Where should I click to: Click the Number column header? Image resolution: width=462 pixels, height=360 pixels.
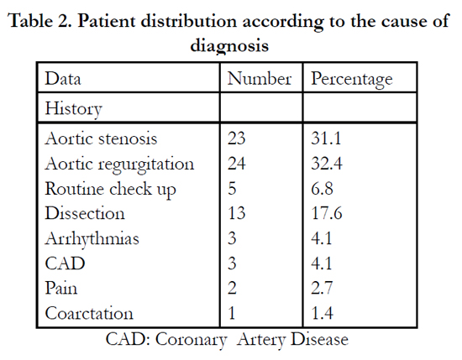(260, 79)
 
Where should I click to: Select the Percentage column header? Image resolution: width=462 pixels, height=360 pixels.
(352, 80)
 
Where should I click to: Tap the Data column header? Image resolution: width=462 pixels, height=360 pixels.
(63, 79)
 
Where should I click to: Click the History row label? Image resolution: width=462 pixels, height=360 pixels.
(73, 109)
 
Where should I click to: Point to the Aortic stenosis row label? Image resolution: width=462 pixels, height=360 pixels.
(101, 138)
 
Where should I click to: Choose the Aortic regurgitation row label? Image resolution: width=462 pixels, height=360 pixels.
(119, 164)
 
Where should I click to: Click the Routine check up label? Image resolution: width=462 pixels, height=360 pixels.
(111, 190)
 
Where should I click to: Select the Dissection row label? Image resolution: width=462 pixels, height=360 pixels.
(85, 213)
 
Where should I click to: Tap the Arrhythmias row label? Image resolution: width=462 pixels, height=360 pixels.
(92, 238)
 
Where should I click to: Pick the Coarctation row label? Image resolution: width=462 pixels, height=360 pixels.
(89, 313)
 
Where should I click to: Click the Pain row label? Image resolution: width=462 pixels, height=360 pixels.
(61, 288)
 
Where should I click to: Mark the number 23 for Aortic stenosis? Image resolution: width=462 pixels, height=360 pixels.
(236, 138)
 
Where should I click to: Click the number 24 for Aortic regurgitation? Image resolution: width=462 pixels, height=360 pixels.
(236, 163)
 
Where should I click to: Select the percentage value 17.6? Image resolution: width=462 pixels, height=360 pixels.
(327, 213)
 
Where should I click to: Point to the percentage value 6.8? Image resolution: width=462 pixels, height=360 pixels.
(322, 188)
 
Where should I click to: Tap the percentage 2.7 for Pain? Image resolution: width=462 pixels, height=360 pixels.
(322, 288)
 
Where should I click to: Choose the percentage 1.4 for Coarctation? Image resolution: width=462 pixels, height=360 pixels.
(323, 313)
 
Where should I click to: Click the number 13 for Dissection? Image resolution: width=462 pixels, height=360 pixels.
(237, 213)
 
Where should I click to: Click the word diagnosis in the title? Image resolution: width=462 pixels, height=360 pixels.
(229, 46)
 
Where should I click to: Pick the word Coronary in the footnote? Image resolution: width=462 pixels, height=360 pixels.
(192, 340)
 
